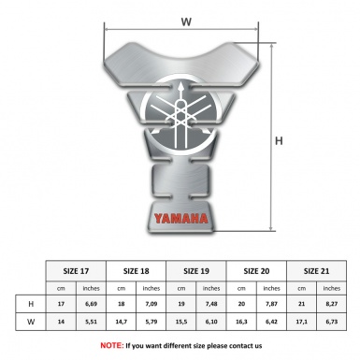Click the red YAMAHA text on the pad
tap(180, 221)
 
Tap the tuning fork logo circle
tap(178, 116)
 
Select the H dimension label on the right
tap(279, 141)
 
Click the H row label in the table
tap(32, 305)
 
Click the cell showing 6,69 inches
tap(92, 305)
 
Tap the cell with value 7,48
tap(211, 305)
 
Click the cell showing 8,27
tap(331, 305)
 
